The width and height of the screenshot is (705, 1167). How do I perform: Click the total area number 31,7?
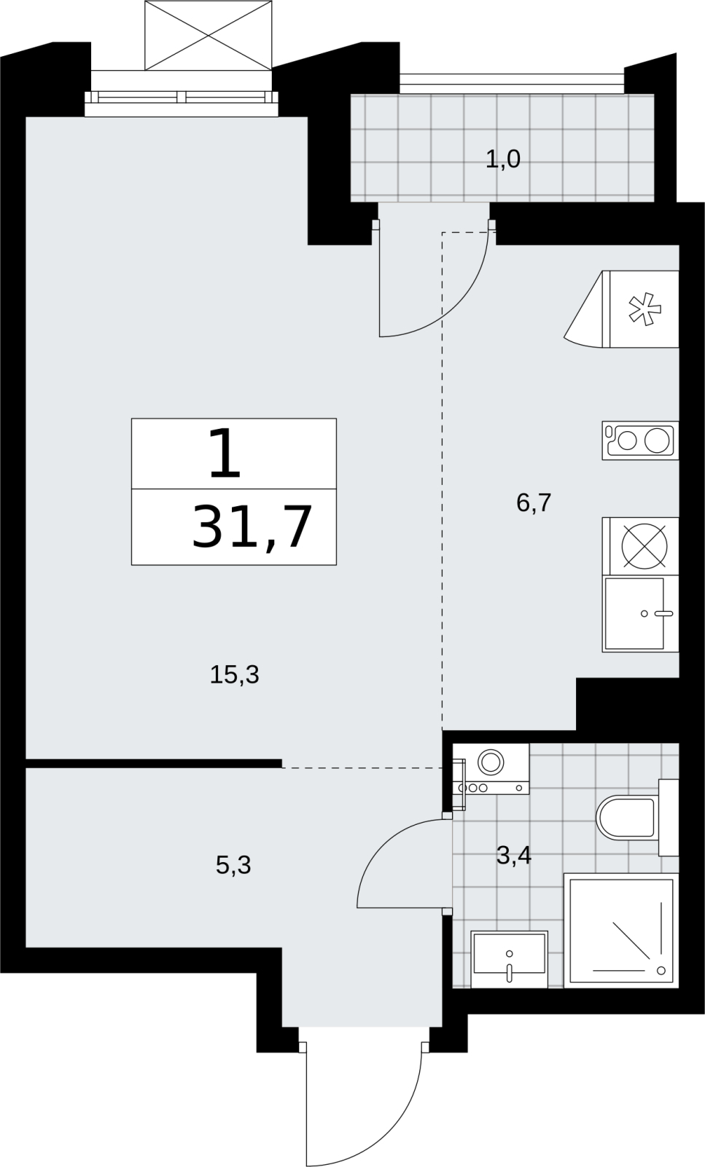pyautogui.click(x=252, y=527)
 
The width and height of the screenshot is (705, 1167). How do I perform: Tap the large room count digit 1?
pyautogui.click(x=225, y=453)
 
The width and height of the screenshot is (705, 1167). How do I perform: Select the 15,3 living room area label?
pyautogui.click(x=234, y=675)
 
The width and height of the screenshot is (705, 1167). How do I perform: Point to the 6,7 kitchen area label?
pyautogui.click(x=534, y=503)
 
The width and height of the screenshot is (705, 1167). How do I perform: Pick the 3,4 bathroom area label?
pyautogui.click(x=514, y=856)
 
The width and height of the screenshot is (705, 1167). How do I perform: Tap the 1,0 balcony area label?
pyautogui.click(x=503, y=159)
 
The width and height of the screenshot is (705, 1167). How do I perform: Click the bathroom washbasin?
pyautogui.click(x=509, y=959)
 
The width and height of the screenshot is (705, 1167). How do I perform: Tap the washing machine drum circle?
pyautogui.click(x=491, y=762)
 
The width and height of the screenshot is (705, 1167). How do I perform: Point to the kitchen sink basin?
pyautogui.click(x=635, y=613)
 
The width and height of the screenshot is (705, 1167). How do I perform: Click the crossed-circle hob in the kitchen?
pyautogui.click(x=644, y=546)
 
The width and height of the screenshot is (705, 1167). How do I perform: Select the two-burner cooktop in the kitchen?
pyautogui.click(x=640, y=441)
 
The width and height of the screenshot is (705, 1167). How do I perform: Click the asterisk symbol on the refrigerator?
pyautogui.click(x=644, y=310)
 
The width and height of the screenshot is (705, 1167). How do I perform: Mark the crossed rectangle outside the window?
pyautogui.click(x=209, y=36)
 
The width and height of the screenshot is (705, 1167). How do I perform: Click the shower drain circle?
pyautogui.click(x=661, y=970)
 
